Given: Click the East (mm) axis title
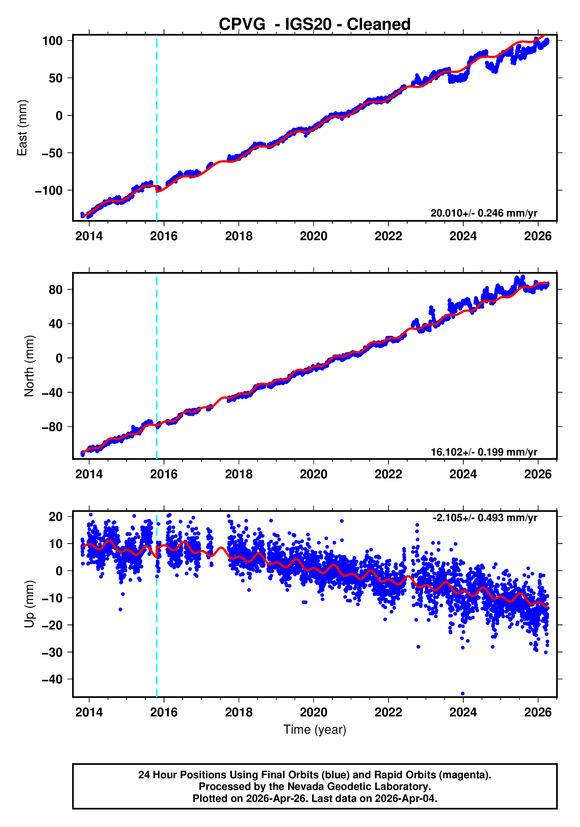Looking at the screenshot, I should pyautogui.click(x=22, y=128).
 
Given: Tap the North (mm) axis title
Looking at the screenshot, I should pyautogui.click(x=29, y=366).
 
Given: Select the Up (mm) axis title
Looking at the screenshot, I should pyautogui.click(x=29, y=604).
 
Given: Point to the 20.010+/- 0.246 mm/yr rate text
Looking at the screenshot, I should pyautogui.click(x=484, y=213).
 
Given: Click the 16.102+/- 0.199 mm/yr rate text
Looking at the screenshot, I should pyautogui.click(x=484, y=452).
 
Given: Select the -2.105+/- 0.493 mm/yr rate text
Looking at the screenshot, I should pyautogui.click(x=485, y=518).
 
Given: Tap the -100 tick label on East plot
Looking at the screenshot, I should pyautogui.click(x=49, y=191).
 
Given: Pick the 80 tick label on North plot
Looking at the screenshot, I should pyautogui.click(x=55, y=289).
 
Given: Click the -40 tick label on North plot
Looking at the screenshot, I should pyautogui.click(x=52, y=392).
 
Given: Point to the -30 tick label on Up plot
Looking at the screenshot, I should pyautogui.click(x=52, y=652).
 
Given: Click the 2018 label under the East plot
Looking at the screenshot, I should pyautogui.click(x=239, y=236).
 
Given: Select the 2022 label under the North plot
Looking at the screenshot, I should pyautogui.click(x=388, y=474).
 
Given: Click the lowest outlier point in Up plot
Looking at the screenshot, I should pyautogui.click(x=463, y=693).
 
